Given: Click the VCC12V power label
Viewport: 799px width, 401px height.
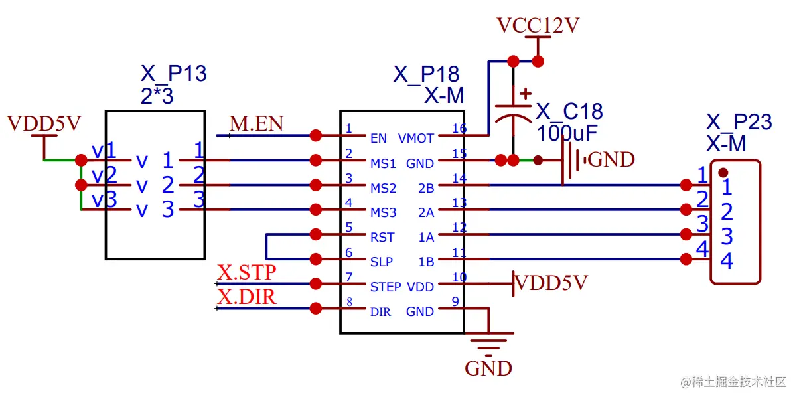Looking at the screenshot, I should point(538,26).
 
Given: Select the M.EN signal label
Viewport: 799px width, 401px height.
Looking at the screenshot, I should point(256,123).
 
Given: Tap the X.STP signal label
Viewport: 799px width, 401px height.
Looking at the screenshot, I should point(246,272).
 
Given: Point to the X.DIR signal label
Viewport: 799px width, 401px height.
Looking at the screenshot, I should point(246,297).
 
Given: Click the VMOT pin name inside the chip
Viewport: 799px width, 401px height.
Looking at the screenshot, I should point(416,139).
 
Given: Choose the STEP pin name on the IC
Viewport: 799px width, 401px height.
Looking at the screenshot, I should point(386,287).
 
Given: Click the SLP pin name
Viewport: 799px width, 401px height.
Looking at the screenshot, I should point(382,262).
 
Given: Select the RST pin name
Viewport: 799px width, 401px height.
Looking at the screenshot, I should point(382,238).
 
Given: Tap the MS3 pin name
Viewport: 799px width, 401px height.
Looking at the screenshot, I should point(383,213).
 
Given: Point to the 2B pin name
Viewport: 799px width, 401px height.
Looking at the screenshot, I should point(426,188).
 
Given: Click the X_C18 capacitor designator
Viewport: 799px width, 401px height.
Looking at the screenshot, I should point(569,111).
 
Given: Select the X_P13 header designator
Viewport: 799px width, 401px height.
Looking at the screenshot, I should point(174,73).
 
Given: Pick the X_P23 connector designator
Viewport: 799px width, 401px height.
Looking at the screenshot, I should point(739,122).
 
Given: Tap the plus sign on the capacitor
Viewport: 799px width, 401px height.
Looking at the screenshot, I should point(525,94).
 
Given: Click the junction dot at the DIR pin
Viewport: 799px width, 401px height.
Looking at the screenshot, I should point(316,309).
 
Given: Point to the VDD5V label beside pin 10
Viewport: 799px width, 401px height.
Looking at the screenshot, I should point(551,283).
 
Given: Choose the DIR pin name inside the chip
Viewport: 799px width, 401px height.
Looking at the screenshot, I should point(380,312).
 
